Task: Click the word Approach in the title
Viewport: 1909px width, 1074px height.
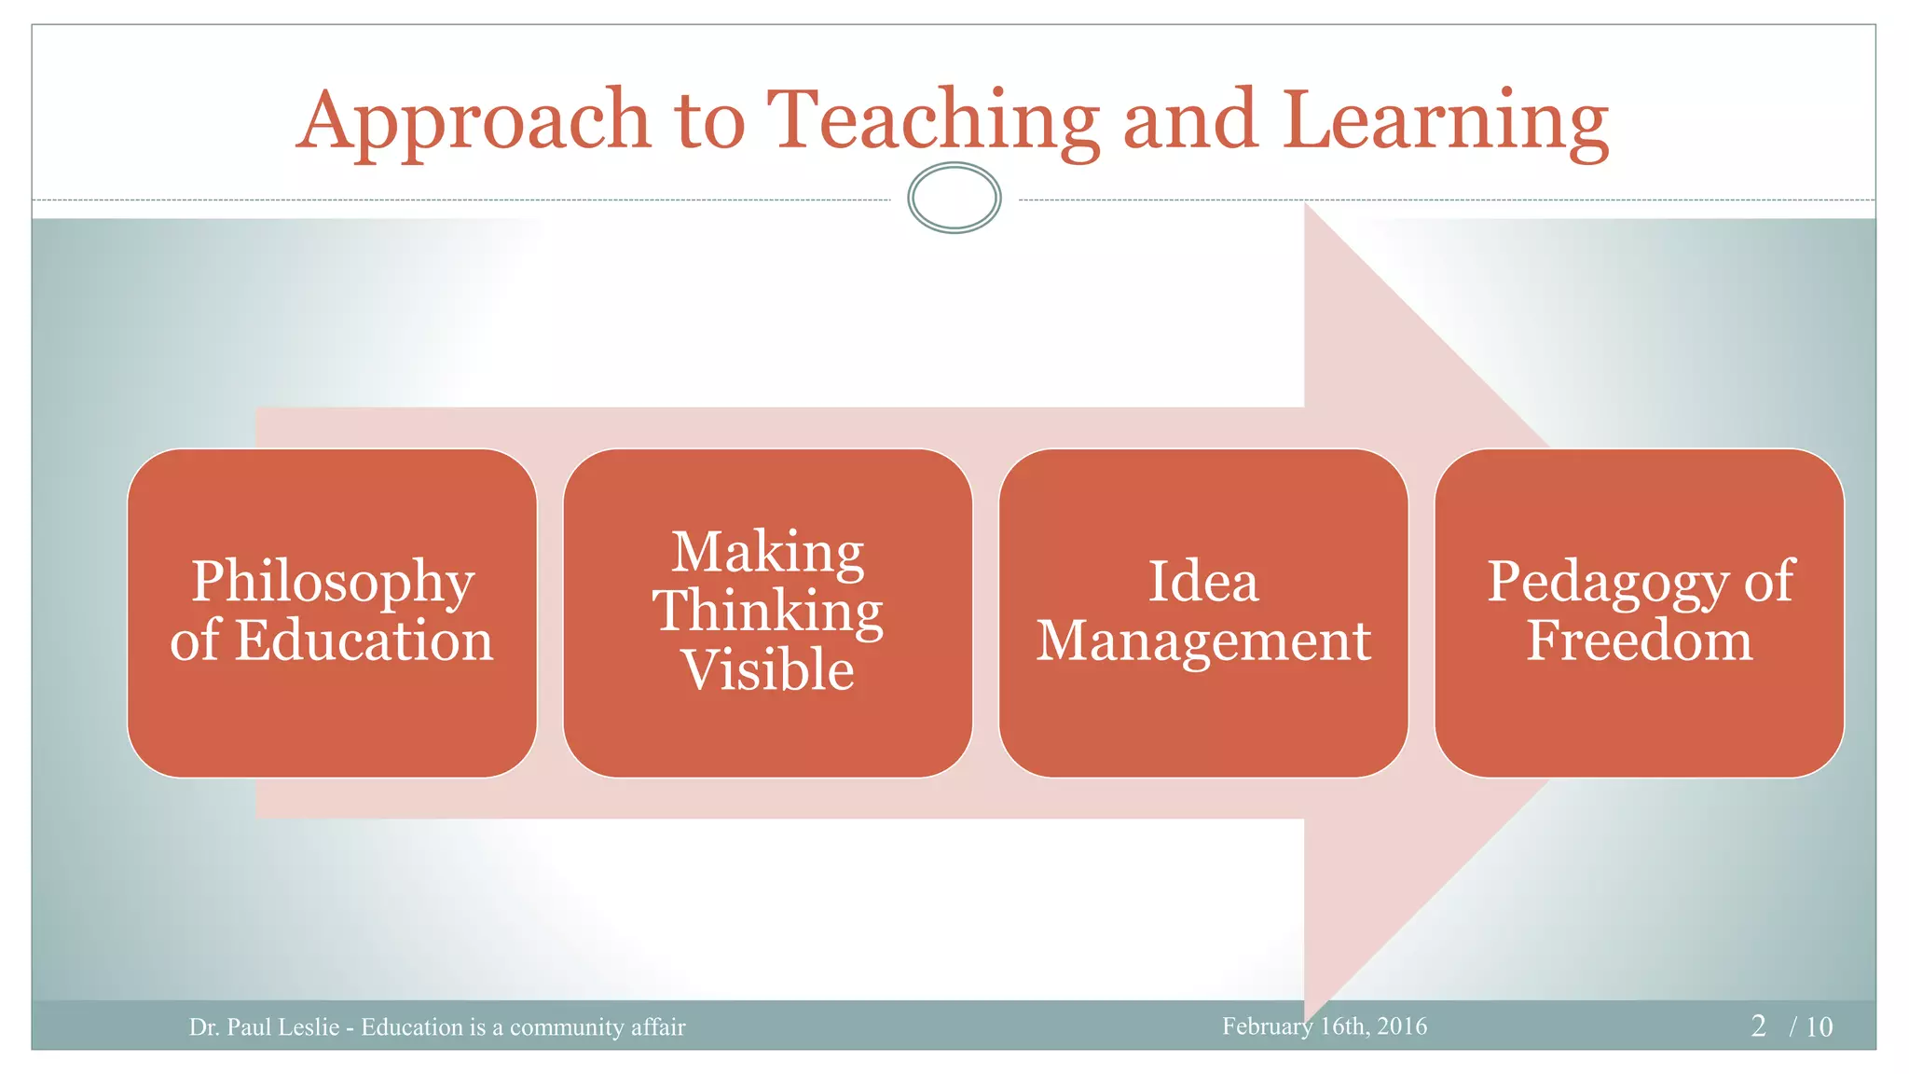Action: (474, 121)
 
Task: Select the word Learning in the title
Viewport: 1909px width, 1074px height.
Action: (1445, 121)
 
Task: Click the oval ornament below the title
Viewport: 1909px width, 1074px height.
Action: (954, 198)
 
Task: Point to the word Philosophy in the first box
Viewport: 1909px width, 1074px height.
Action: (333, 583)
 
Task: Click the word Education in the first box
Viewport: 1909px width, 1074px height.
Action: (364, 641)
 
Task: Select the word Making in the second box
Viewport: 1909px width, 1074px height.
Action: (768, 552)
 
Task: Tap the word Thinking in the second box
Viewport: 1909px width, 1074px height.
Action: (768, 612)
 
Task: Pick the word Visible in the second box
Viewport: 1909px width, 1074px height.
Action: (768, 669)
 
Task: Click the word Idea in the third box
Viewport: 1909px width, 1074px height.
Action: (1203, 582)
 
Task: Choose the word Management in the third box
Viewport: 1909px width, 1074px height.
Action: (1203, 641)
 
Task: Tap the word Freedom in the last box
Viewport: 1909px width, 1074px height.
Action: (1640, 641)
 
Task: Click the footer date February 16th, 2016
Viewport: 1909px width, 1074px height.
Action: (1325, 1026)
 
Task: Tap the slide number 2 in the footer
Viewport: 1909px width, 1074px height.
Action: (1758, 1026)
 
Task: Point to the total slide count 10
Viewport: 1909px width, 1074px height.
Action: (1820, 1027)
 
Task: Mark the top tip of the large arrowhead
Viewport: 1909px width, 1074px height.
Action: (1305, 203)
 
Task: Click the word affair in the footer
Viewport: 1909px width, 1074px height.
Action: (658, 1027)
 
